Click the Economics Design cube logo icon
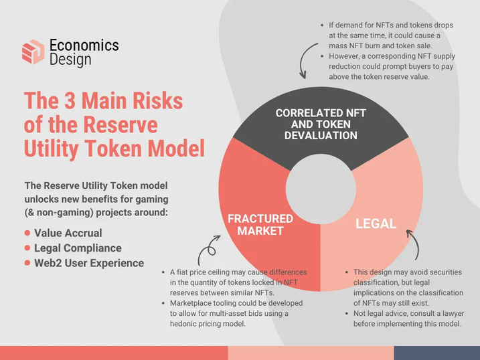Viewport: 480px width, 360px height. click(33, 52)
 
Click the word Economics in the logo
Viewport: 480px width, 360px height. click(84, 46)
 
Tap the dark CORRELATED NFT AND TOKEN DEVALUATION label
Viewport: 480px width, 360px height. click(321, 124)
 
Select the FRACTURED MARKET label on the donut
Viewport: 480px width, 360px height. click(260, 225)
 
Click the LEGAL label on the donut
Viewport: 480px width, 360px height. click(376, 223)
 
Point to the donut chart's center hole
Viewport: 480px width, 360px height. click(321, 189)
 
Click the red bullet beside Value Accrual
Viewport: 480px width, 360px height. click(27, 233)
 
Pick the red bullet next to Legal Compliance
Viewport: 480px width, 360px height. click(27, 248)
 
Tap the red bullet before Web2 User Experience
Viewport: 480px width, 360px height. click(27, 263)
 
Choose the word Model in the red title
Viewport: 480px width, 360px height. click(176, 149)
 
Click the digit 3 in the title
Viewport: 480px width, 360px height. click(70, 100)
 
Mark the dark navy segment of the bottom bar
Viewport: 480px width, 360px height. click(437, 353)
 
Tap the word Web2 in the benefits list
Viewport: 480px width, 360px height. click(44, 263)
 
